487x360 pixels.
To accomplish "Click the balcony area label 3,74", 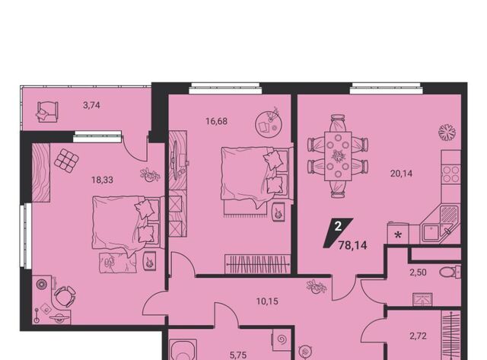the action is (91, 106).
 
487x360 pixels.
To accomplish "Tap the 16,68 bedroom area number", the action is (216, 122).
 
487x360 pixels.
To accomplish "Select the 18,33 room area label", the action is (102, 180).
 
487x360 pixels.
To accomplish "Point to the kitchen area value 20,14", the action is (401, 174).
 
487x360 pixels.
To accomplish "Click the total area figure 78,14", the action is (352, 246).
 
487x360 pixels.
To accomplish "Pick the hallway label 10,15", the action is (267, 301).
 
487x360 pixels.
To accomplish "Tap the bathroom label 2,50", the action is (418, 272).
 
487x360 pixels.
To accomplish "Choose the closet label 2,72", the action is (418, 336).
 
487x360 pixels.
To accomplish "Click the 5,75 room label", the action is (238, 355).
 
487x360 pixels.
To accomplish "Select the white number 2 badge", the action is (338, 226).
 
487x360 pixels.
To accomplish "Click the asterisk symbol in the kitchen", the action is (398, 235).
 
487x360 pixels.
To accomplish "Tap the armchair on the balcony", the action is (47, 112).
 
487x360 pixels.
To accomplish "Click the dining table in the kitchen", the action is (338, 156).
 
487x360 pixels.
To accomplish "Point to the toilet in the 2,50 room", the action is (450, 272).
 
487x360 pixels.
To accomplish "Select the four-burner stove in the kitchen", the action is (451, 174).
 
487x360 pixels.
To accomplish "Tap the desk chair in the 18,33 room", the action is (65, 296).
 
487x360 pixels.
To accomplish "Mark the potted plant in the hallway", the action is (317, 286).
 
